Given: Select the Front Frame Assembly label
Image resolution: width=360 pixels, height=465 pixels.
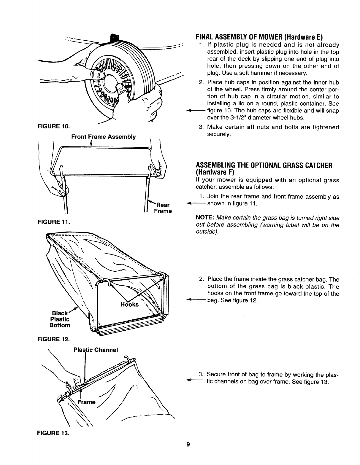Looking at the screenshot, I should click(x=104, y=137).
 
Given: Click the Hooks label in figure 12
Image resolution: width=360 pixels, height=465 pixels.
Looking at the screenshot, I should click(x=129, y=305).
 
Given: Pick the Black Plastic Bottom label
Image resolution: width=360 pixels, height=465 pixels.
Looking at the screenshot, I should click(x=61, y=319).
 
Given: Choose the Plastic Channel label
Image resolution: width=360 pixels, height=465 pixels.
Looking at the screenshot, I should click(x=96, y=350).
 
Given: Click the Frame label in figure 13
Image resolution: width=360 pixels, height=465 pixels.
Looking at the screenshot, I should click(x=86, y=402).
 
